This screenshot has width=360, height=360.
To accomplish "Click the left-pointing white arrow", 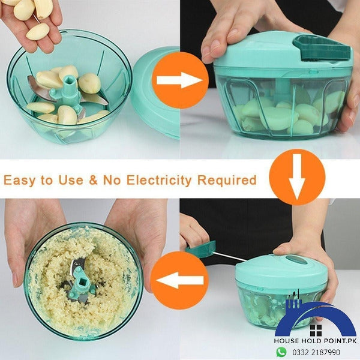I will tap(181, 280).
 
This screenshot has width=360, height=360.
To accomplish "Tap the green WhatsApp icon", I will tap(281, 351).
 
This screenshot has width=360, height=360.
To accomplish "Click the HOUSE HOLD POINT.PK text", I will tap(316, 340).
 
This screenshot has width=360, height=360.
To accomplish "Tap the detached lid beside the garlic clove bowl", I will tap(157, 90).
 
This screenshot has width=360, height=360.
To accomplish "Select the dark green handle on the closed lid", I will tap(321, 47).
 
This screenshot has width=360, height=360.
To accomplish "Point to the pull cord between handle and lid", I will tap(231, 257).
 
